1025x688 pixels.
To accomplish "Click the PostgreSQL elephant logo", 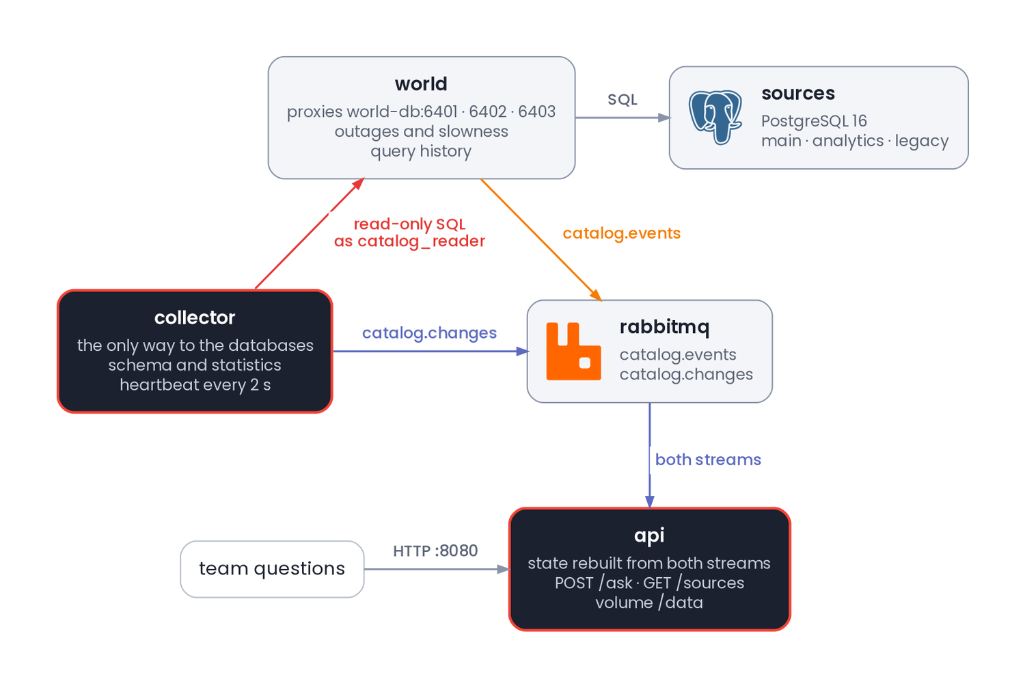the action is click(x=715, y=117).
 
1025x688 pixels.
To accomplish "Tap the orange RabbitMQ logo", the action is click(x=573, y=352).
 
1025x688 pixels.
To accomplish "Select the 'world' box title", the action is click(x=421, y=84).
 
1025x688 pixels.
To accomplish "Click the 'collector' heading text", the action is click(x=195, y=317).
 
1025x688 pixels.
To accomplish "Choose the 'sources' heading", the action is click(x=798, y=94).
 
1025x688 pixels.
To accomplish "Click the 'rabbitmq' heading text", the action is click(x=664, y=327).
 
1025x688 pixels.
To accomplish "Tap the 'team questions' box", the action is click(x=272, y=569).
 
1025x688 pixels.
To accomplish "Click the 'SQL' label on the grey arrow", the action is click(x=623, y=99).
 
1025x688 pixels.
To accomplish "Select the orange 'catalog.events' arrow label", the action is click(x=621, y=234).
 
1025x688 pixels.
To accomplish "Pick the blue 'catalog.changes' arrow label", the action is click(x=429, y=333).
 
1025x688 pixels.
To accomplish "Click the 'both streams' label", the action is click(x=708, y=460).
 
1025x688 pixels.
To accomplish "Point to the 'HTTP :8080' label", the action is click(x=435, y=551).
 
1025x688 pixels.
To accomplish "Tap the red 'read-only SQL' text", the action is click(x=409, y=224).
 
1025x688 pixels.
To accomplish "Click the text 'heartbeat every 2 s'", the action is click(x=195, y=385).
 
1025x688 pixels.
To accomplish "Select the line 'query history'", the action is click(x=421, y=151).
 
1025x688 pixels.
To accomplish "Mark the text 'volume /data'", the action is click(x=649, y=603).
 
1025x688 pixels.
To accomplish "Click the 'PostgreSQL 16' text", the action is click(x=814, y=121).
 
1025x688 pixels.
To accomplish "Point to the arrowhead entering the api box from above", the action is click(x=649, y=501).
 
